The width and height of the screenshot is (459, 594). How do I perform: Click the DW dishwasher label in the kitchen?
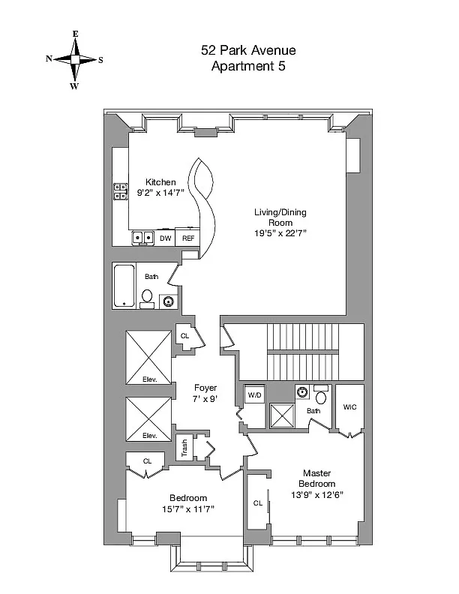166,238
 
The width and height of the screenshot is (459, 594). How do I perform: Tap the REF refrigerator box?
187,238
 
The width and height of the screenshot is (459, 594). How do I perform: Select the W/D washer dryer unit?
254,395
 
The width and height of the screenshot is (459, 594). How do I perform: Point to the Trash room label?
184,448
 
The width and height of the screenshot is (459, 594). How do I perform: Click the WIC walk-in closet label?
349,407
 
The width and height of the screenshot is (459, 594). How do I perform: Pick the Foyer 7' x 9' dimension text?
205,399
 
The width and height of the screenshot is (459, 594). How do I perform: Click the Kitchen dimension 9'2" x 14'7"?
160,193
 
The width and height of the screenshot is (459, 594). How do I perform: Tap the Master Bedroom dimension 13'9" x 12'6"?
317,495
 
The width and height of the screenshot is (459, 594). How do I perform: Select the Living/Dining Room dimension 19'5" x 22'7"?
280,233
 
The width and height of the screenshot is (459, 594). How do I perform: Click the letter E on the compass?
75,34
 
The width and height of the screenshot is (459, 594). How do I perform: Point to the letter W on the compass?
74,86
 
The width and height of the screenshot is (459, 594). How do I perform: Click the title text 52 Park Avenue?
248,50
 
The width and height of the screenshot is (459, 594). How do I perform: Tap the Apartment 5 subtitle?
248,66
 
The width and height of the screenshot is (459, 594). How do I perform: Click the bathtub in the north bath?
124,286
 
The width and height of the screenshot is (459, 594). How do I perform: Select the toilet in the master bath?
321,395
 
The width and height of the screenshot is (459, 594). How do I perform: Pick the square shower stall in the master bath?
282,416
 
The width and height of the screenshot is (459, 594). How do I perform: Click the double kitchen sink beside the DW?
143,238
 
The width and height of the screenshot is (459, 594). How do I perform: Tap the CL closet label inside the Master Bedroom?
258,503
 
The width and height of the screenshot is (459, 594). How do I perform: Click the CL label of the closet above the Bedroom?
147,461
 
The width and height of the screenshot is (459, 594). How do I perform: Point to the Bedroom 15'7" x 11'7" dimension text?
188,509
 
